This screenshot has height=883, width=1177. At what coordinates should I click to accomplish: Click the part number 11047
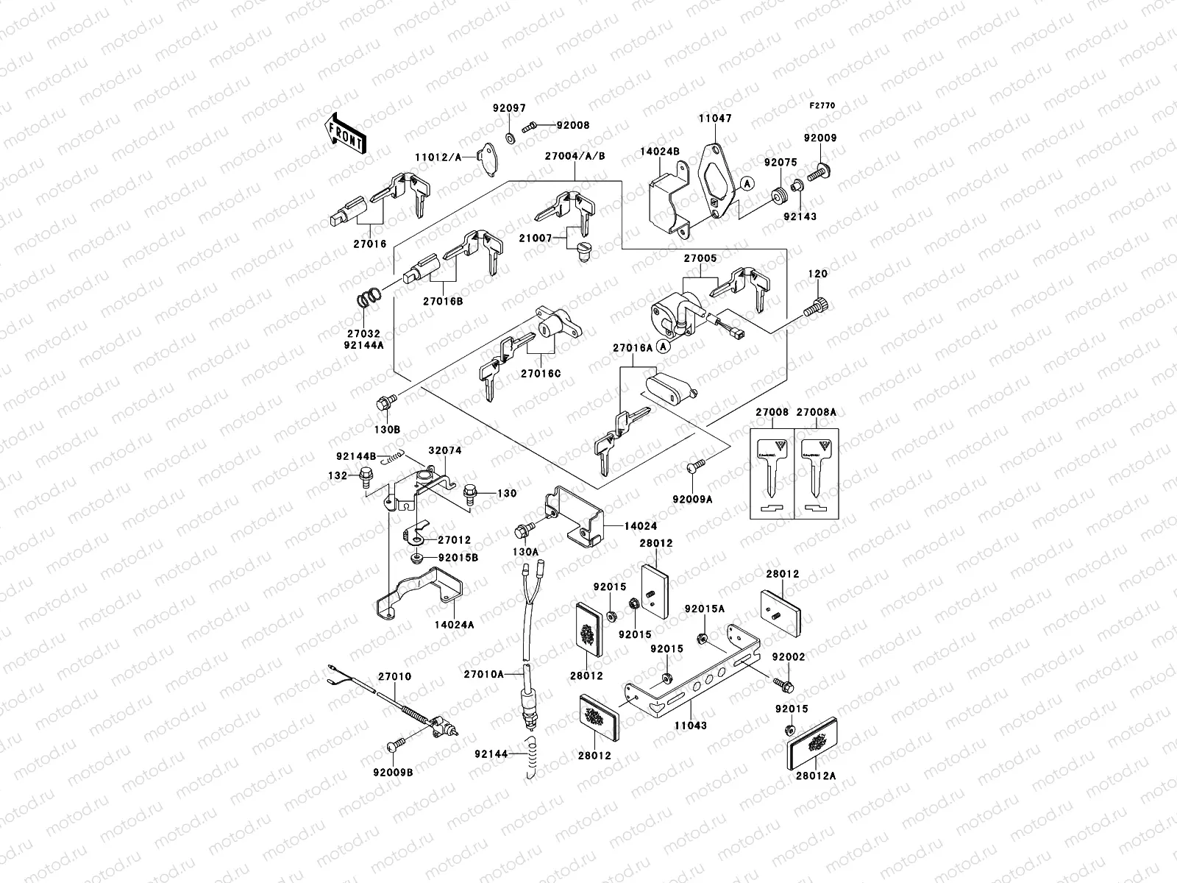[714, 118]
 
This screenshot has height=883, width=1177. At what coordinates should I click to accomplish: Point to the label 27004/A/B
[575, 156]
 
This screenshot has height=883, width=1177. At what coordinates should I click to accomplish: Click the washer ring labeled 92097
[509, 138]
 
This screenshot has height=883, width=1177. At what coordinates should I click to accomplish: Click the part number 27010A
[483, 673]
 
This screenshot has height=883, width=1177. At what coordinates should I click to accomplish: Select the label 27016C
[540, 374]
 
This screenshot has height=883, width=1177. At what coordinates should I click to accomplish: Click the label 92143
[800, 217]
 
